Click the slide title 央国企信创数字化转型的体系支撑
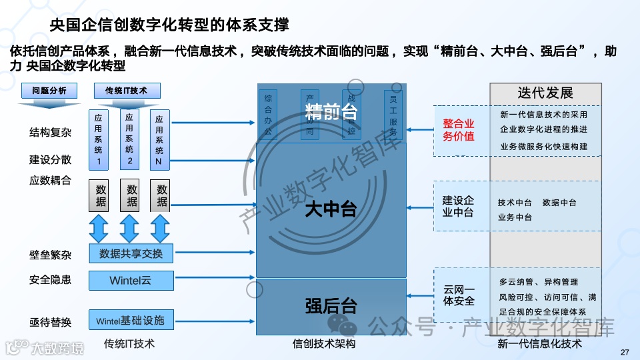pos(170,26)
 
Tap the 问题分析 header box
pos(49,91)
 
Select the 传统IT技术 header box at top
pos(126,91)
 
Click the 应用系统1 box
pos(99,139)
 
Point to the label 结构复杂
pos(50,132)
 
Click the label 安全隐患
pos(50,280)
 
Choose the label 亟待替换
pos(50,322)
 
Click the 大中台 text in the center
pos(331,209)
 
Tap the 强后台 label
pos(331,306)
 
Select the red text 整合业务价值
pos(459,130)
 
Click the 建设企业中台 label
pos(459,207)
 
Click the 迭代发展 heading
pos(545,93)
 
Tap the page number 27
pos(625,353)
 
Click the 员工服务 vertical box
pos(394,113)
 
